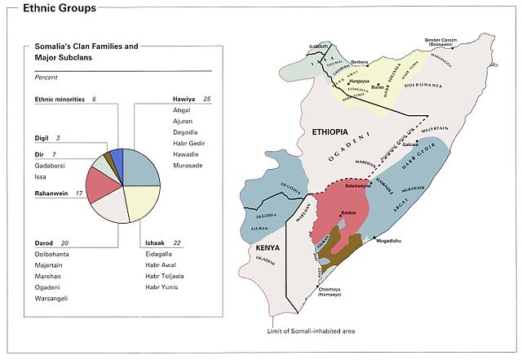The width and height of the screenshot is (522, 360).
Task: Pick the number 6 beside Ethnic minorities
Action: click(x=94, y=98)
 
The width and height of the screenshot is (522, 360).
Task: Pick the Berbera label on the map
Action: click(x=359, y=62)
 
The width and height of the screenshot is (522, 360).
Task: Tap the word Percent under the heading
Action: click(x=46, y=76)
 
